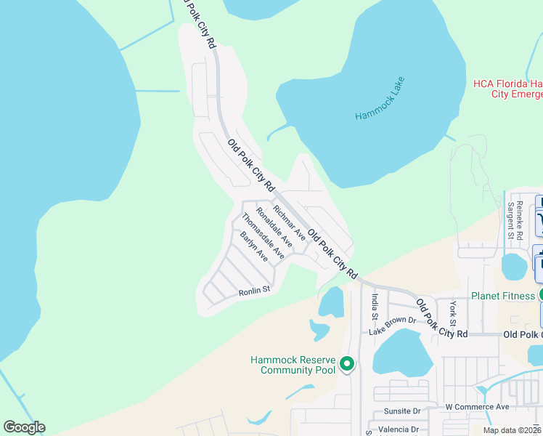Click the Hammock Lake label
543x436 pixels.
[x=380, y=99]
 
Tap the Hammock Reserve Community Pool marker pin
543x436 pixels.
[x=347, y=363]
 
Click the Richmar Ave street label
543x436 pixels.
[x=290, y=219]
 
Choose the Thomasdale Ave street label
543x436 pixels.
[x=263, y=235]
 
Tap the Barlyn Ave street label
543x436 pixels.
[x=254, y=246]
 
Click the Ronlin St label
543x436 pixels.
[x=254, y=291]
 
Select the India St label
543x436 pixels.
[x=375, y=306]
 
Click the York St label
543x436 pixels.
[x=452, y=312]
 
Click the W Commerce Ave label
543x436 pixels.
[x=477, y=407]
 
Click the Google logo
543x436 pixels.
[x=24, y=427]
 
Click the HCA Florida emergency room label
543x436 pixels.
[x=507, y=89]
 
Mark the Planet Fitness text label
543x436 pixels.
[x=503, y=295]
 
